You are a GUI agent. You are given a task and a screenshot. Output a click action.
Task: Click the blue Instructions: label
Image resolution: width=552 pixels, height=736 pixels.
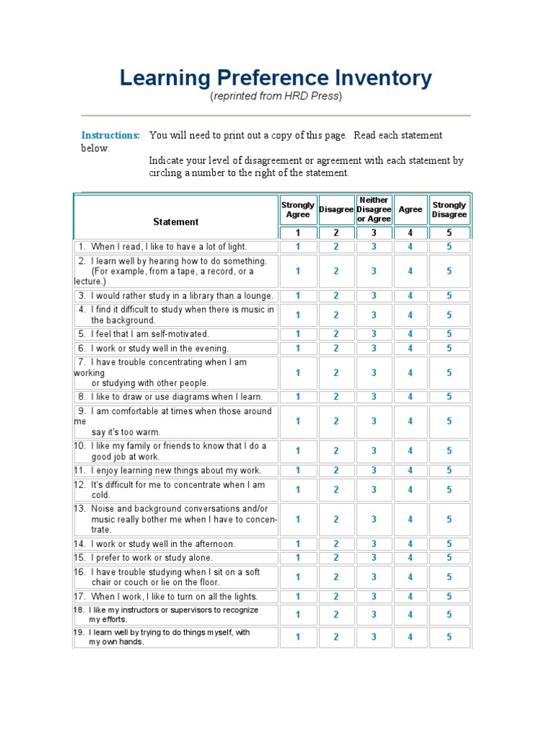tap(110, 135)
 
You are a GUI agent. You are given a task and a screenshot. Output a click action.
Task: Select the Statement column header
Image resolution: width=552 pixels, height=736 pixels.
tap(175, 221)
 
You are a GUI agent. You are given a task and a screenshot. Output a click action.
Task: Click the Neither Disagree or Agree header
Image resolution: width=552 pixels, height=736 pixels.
tap(374, 209)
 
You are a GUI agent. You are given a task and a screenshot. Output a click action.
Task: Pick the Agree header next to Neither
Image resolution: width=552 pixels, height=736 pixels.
tap(410, 209)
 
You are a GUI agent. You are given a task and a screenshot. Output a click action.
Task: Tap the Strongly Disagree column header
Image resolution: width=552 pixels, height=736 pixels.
tap(449, 209)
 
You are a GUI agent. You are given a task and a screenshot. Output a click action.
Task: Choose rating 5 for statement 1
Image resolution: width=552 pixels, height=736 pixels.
tap(449, 247)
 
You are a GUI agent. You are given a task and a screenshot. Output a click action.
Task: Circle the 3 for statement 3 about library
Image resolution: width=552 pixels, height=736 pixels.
tap(374, 295)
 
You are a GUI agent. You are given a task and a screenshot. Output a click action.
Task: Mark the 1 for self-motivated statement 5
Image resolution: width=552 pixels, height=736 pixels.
tap(298, 333)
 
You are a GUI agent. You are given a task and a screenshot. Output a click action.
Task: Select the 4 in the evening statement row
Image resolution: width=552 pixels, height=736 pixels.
tap(410, 348)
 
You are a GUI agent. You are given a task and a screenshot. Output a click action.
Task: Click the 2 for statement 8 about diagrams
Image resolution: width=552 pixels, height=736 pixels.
tap(336, 397)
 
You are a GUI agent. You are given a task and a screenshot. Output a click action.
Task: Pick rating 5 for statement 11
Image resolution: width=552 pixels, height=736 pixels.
tap(449, 470)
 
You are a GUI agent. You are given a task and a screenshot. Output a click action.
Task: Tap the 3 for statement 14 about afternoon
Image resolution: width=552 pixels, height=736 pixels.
tap(374, 544)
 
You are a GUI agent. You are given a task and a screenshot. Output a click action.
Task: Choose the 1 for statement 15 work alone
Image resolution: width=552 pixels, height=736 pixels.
tap(298, 558)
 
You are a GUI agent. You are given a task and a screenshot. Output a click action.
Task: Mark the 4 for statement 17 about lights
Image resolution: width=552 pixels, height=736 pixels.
tap(410, 597)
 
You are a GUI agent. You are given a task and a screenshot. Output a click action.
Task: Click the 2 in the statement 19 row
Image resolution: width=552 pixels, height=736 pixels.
tap(336, 637)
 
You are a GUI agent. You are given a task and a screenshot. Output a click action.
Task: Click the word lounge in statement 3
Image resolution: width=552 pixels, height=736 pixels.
tap(257, 295)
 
